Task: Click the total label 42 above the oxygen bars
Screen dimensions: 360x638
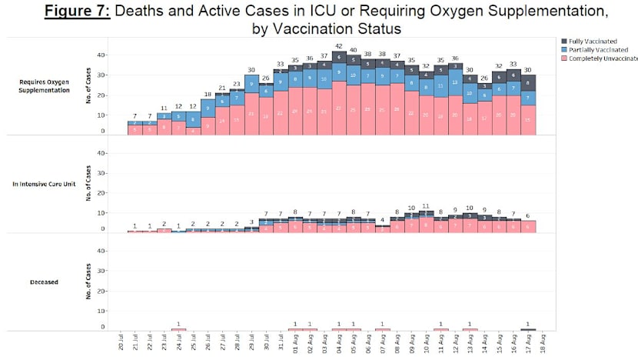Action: click(339, 45)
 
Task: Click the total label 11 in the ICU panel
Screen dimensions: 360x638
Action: click(426, 207)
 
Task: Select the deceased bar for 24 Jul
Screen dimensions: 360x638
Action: click(179, 329)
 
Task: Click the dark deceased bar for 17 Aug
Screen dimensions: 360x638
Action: click(528, 329)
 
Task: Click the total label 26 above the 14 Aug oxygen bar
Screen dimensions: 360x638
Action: click(484, 78)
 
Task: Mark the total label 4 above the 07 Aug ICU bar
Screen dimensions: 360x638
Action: click(383, 220)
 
